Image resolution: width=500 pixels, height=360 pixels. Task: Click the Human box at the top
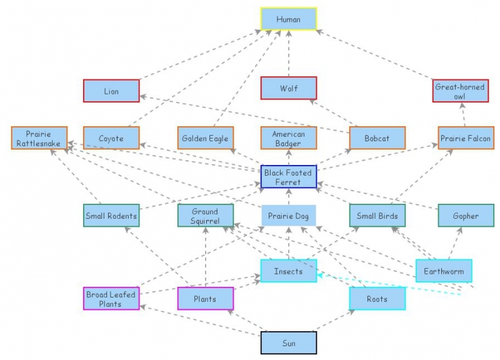[x=289, y=19]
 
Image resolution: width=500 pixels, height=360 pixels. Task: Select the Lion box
[x=111, y=91]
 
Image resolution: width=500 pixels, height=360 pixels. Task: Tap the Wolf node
[x=289, y=88]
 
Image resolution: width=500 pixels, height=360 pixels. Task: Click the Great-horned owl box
[x=460, y=91]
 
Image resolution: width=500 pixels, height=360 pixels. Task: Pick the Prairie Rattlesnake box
[x=39, y=138]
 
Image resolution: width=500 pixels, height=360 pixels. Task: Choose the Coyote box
[x=111, y=138]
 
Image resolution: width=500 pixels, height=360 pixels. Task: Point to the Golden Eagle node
[x=205, y=138]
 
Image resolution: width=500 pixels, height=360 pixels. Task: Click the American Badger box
[x=289, y=138]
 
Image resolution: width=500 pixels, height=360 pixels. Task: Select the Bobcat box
[x=377, y=138]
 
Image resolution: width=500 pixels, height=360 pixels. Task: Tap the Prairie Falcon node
[x=466, y=138]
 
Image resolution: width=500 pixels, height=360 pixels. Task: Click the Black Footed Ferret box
[x=289, y=177]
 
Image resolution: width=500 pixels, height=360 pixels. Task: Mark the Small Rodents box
[x=111, y=216]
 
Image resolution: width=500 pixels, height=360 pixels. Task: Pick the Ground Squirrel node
[x=205, y=216]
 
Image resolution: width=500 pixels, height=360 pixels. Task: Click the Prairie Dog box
[x=289, y=216]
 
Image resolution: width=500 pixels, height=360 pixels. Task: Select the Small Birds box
[x=377, y=216]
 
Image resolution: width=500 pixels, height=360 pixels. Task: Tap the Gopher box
[x=466, y=216]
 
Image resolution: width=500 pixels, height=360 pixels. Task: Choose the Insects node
[x=289, y=271]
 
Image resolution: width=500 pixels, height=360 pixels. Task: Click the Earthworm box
[x=444, y=271]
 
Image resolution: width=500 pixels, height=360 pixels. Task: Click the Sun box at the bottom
[x=289, y=343]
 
